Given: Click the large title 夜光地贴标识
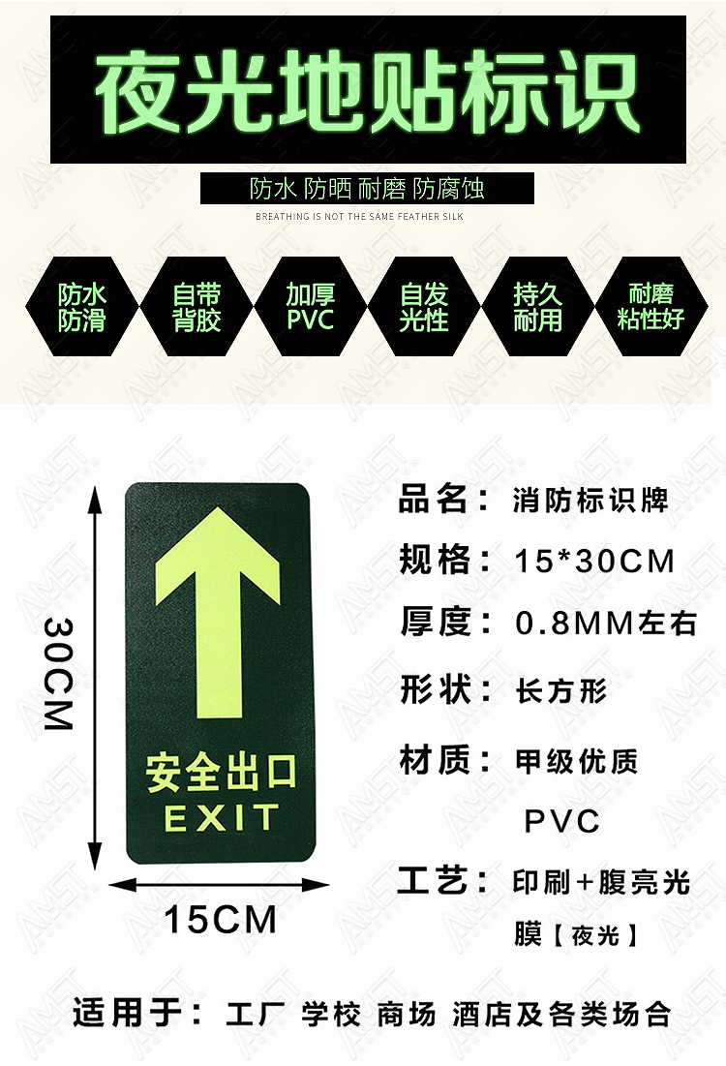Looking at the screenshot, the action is coord(367,92).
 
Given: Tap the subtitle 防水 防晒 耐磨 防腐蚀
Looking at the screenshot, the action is coord(367,189).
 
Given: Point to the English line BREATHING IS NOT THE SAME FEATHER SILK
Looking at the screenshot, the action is coord(359,216).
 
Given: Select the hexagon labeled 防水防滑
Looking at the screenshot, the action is coord(82,307).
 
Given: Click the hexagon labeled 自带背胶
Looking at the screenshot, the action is coord(197,307).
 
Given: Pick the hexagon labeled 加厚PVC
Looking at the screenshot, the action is coord(311,307).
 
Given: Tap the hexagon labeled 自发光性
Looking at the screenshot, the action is coord(424,307).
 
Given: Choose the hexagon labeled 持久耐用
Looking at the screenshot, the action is coord(537,307).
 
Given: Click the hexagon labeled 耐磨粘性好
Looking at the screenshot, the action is coord(651,307).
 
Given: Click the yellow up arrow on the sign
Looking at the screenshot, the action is coord(218,612).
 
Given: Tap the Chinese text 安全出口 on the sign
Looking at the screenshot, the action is coord(222,773).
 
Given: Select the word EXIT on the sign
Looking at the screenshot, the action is coord(222,817).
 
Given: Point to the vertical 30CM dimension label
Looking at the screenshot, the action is coord(58,674).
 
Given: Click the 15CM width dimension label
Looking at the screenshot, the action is coord(221,919).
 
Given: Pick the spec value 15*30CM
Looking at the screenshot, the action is coord(594,562).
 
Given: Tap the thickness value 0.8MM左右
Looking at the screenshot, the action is coord(606,623).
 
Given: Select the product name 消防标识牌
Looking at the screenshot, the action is coord(590,501).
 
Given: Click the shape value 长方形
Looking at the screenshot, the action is coord(560,690).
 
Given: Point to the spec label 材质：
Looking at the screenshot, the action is coord(445,759).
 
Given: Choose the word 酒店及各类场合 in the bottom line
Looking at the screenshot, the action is coord(561,1015).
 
